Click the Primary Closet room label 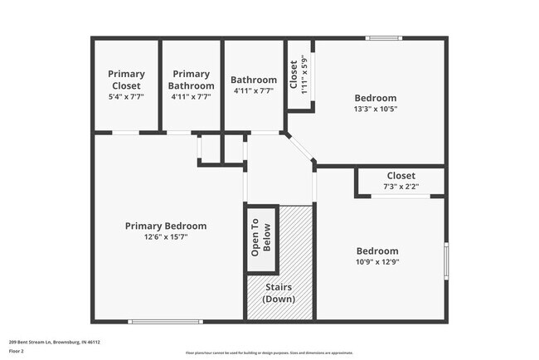click(x=126, y=80)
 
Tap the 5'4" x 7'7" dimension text click(x=126, y=96)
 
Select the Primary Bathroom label click(x=191, y=80)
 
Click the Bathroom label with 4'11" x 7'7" click(x=253, y=80)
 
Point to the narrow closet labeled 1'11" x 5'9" click(x=298, y=75)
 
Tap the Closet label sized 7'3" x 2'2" click(x=401, y=176)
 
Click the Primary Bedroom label click(x=166, y=226)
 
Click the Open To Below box click(x=262, y=238)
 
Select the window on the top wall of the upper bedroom click(x=385, y=37)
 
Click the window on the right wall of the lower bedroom click(x=446, y=260)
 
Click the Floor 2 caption click(x=17, y=351)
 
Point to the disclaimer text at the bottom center click(x=269, y=352)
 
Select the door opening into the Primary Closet click(x=125, y=133)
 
